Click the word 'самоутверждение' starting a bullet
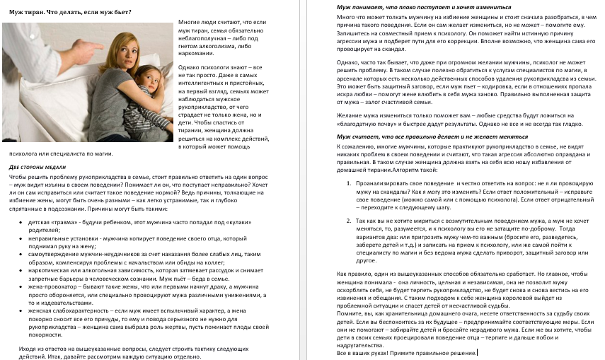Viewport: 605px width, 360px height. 56,255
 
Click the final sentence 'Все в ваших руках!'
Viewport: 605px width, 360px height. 363,352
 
